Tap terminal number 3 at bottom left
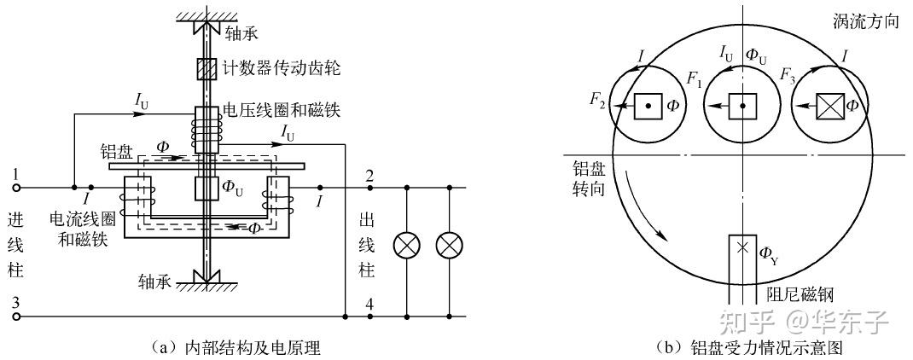[x=15, y=303]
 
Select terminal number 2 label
[x=369, y=176]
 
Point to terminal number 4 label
[x=369, y=303]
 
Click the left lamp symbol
[x=404, y=246]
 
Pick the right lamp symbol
[x=448, y=246]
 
